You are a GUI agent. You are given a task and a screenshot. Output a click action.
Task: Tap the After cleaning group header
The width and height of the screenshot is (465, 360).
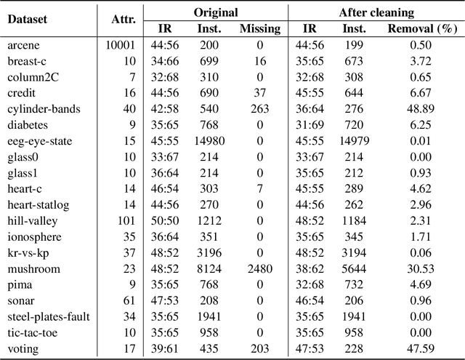(376, 13)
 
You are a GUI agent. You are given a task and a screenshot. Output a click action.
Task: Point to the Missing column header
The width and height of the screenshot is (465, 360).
(259, 29)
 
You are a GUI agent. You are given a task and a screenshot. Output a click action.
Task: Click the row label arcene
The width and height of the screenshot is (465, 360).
(25, 45)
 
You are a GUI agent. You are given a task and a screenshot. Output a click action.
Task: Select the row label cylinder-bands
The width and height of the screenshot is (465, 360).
(44, 109)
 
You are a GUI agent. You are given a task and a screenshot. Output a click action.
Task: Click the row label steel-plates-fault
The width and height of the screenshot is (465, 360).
(46, 317)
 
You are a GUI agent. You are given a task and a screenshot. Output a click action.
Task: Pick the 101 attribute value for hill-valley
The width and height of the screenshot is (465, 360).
(126, 221)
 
